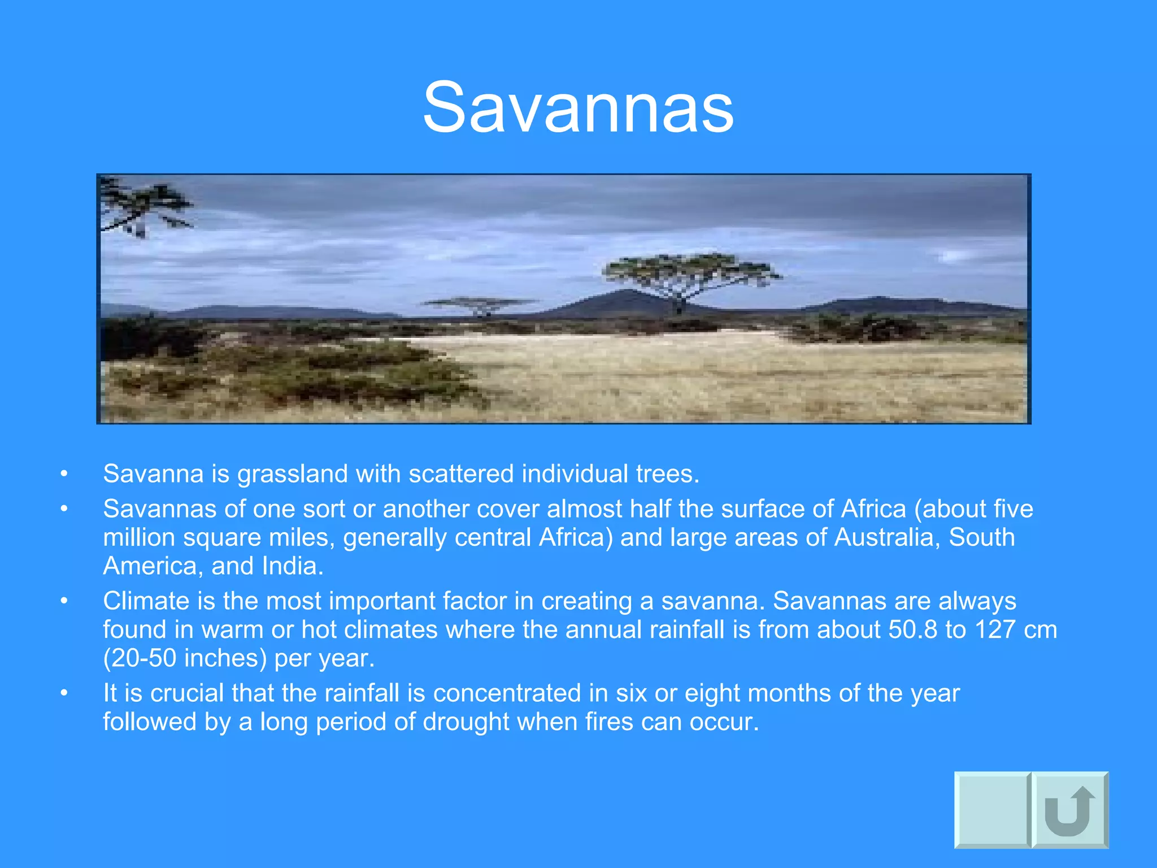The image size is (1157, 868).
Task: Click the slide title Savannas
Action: click(578, 107)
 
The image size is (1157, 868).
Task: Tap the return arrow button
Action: click(1070, 810)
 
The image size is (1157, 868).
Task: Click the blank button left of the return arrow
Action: click(991, 810)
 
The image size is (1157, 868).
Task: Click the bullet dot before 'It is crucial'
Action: click(64, 693)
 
